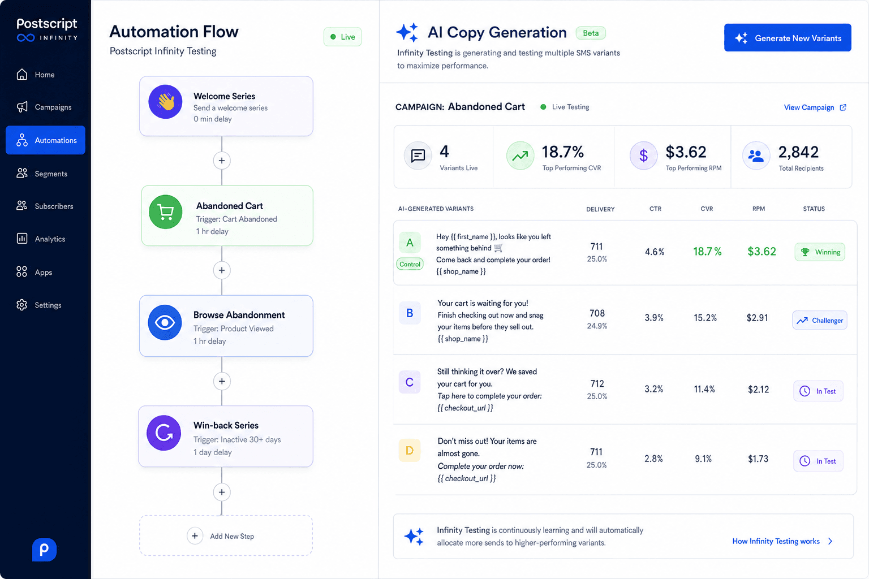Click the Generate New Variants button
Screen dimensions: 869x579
787,38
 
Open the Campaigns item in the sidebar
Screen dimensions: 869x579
44,107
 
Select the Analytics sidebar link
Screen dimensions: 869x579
41,239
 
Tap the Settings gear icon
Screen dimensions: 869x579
22,305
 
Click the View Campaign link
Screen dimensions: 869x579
815,107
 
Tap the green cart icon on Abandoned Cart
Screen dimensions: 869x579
166,211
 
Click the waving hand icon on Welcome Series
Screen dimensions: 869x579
165,102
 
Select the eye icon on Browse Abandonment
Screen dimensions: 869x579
165,323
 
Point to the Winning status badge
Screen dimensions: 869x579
820,252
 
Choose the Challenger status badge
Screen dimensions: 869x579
819,321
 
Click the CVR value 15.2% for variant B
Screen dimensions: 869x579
705,318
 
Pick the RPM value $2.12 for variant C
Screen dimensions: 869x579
759,390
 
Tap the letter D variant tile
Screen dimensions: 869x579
409,450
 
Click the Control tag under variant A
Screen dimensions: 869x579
410,264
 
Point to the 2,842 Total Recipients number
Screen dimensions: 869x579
798,152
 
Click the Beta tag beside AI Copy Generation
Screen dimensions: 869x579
591,33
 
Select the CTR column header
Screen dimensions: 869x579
655,209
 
